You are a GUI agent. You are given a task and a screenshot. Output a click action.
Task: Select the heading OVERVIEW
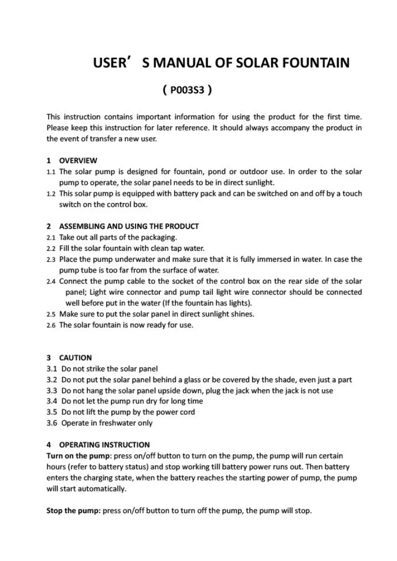(x=78, y=161)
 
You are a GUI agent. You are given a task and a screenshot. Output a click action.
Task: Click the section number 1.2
(x=51, y=194)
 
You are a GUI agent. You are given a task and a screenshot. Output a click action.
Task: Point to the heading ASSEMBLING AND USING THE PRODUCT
(x=129, y=226)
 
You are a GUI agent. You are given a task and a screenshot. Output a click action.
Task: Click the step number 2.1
(x=51, y=237)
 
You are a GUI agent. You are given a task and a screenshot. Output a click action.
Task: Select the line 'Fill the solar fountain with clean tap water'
(x=132, y=248)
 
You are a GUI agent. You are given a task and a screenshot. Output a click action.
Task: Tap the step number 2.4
(x=51, y=281)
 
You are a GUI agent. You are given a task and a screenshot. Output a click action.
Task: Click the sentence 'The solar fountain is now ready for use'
(x=126, y=325)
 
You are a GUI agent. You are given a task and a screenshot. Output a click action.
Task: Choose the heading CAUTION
(x=75, y=358)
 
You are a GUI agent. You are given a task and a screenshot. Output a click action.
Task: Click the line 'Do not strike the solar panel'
(x=109, y=369)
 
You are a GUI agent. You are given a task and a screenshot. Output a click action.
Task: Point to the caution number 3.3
(x=52, y=390)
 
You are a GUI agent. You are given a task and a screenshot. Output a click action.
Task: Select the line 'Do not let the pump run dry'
(x=132, y=401)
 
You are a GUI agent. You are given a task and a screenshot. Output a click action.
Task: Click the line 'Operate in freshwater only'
(x=107, y=423)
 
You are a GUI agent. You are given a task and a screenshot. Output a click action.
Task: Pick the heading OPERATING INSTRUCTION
(x=104, y=445)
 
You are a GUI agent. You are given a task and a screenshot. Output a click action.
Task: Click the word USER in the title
(x=110, y=63)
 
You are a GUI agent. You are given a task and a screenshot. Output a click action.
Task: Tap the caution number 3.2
(x=52, y=380)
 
